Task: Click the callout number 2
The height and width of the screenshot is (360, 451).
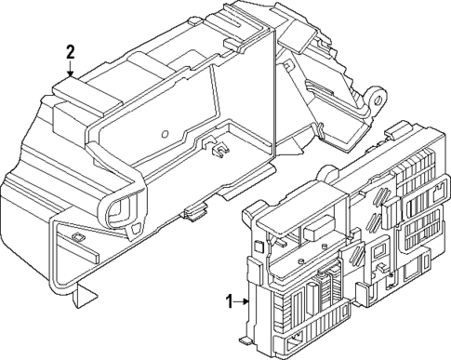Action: pyautogui.click(x=69, y=52)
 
